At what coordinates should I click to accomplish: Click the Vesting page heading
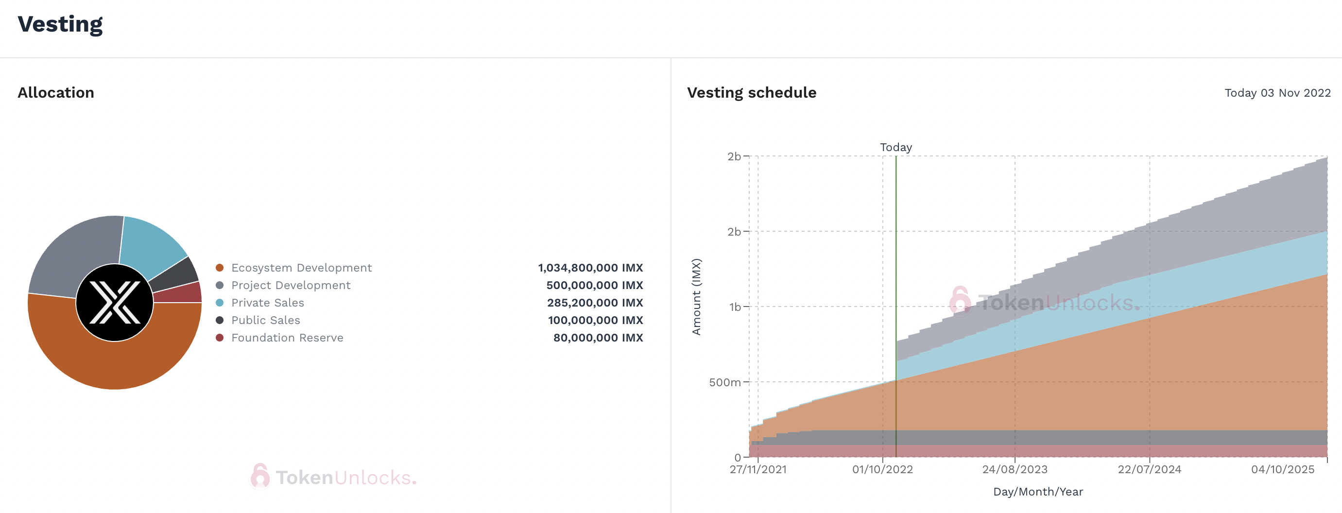[60, 24]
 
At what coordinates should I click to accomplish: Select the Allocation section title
[56, 93]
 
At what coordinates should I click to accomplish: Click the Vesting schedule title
[751, 93]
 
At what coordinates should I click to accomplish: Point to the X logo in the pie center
[115, 303]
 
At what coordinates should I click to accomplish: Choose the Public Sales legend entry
[266, 320]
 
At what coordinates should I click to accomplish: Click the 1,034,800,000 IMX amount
[590, 268]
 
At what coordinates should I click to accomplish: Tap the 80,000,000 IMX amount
[598, 338]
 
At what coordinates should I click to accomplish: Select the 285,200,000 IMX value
[594, 303]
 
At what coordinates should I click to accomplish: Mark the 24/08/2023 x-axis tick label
[1015, 469]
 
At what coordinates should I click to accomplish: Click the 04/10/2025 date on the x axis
[1282, 469]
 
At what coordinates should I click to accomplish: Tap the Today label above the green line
[895, 147]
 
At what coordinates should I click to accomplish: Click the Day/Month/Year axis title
[1038, 492]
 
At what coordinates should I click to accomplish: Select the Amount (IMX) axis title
[696, 297]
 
